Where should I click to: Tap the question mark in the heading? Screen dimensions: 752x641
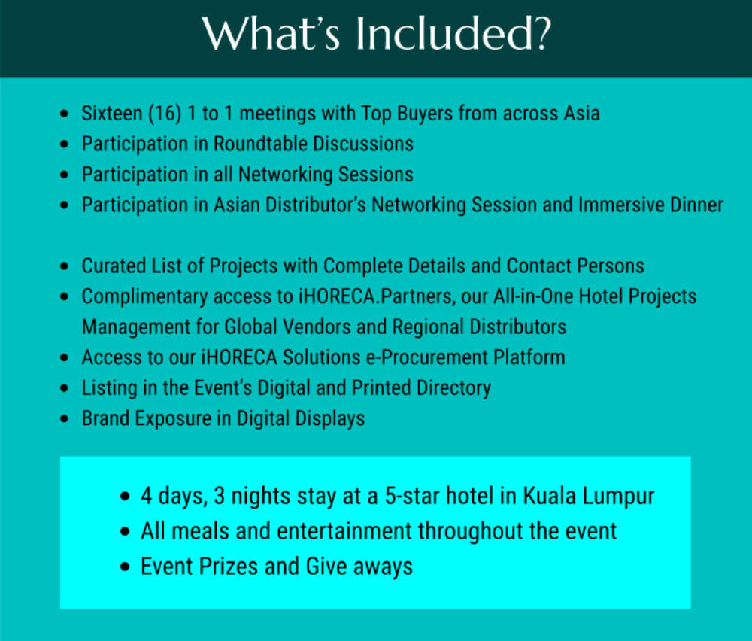point(542,34)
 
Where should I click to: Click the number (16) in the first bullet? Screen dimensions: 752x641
point(165,114)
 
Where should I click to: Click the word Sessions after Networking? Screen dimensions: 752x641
point(375,174)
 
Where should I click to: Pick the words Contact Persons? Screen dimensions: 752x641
point(575,266)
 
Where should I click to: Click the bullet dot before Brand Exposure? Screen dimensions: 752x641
point(64,418)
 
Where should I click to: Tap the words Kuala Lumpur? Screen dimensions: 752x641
point(589,496)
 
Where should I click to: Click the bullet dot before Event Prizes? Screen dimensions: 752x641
point(125,567)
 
